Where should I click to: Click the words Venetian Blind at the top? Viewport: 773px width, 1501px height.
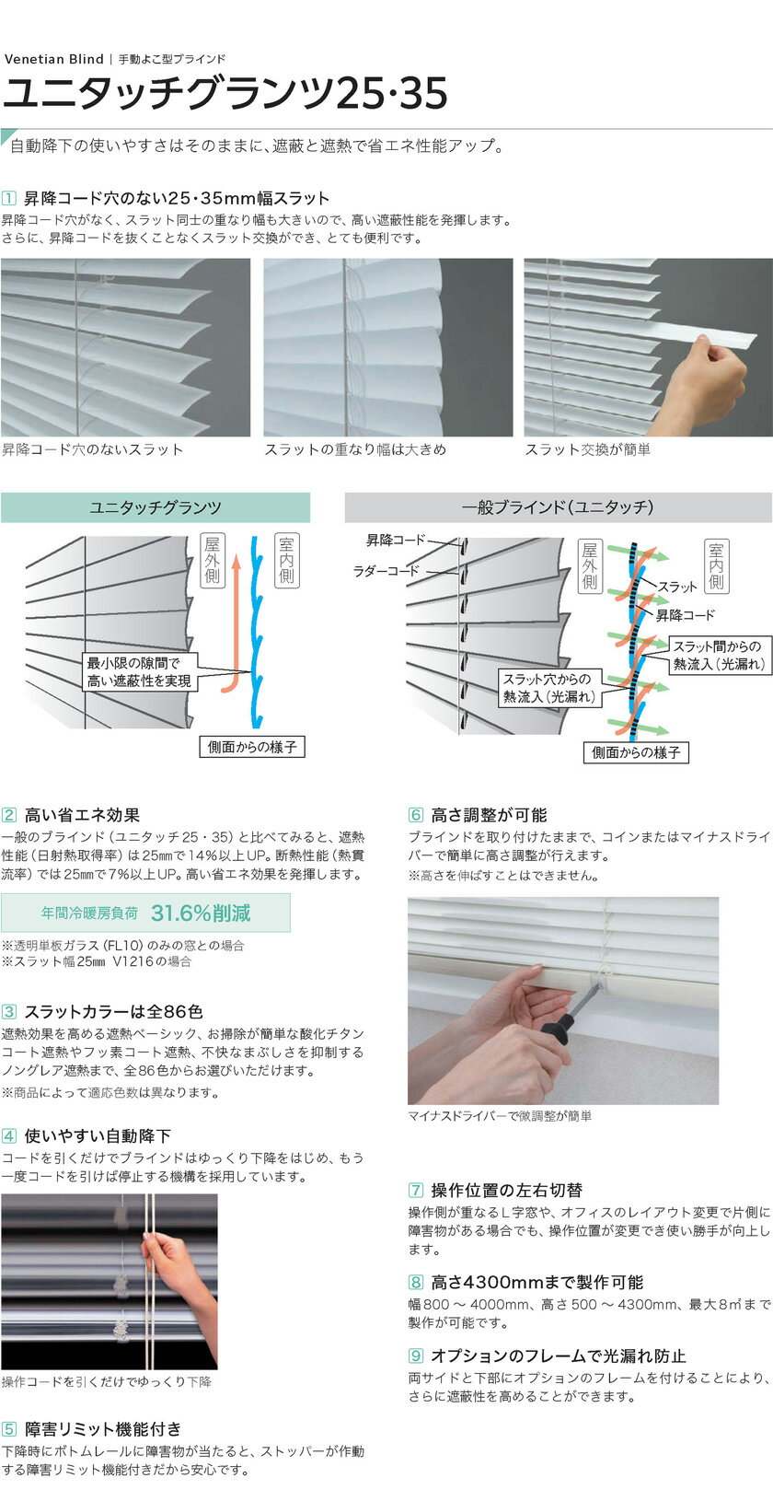(53, 59)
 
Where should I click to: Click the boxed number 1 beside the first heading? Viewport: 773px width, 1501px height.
(8, 198)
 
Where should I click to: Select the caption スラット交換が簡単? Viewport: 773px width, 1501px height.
(587, 449)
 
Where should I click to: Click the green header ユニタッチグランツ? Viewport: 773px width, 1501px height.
(156, 507)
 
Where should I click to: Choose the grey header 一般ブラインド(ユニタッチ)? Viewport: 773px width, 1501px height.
(558, 507)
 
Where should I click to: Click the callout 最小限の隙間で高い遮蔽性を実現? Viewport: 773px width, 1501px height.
(139, 672)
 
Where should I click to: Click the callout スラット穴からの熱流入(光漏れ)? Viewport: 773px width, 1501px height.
(548, 688)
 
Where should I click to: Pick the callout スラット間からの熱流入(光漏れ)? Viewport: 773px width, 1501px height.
(719, 656)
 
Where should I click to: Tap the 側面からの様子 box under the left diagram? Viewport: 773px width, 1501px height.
(252, 747)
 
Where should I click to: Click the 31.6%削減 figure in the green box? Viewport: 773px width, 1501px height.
(201, 913)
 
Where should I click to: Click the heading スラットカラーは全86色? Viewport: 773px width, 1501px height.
(113, 1012)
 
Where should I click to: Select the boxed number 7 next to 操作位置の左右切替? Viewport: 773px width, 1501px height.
(416, 1190)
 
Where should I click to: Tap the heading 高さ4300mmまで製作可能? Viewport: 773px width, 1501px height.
(536, 1283)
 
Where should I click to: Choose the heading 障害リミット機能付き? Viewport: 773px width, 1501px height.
(102, 1430)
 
